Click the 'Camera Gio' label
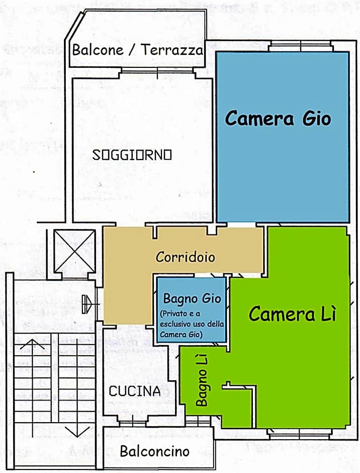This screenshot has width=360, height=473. pyautogui.click(x=278, y=119)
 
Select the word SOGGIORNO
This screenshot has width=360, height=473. pyautogui.click(x=132, y=155)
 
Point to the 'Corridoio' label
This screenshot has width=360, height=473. pyautogui.click(x=186, y=257)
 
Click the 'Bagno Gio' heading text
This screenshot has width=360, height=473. pyautogui.click(x=192, y=298)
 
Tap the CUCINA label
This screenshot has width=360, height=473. pyautogui.click(x=135, y=391)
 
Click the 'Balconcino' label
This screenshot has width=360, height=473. pyautogui.click(x=154, y=451)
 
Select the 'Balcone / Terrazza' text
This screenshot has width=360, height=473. pyautogui.click(x=138, y=50)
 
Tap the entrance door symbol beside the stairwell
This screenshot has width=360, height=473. pyautogui.click(x=87, y=304)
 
